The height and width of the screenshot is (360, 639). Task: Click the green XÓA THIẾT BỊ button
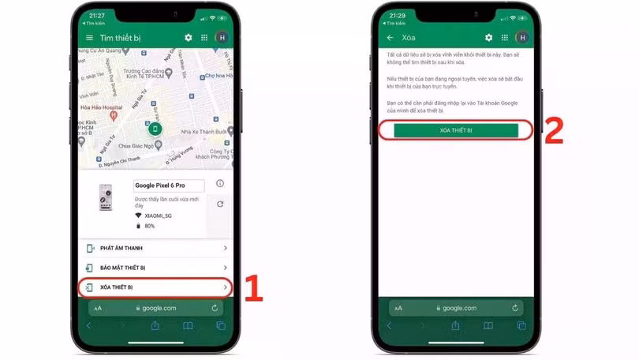click(x=456, y=130)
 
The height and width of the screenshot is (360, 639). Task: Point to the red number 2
click(x=554, y=131)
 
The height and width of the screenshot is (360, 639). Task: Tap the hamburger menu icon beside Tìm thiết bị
click(x=89, y=38)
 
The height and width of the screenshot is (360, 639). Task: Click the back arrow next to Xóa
click(x=390, y=38)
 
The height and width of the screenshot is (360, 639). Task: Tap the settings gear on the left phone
click(x=188, y=38)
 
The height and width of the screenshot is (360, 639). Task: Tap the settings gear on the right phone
click(x=488, y=38)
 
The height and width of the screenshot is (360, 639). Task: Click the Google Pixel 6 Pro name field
click(x=169, y=186)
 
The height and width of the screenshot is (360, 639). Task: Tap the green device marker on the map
click(x=155, y=129)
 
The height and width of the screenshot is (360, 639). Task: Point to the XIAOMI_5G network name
click(x=158, y=216)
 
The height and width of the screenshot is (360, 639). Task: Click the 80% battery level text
click(x=150, y=226)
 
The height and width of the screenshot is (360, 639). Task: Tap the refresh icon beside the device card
click(x=220, y=204)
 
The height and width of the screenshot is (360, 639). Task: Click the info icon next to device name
click(x=220, y=184)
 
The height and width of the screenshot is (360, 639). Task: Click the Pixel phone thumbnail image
click(x=106, y=198)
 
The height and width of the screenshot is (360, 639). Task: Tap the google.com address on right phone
click(x=458, y=308)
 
